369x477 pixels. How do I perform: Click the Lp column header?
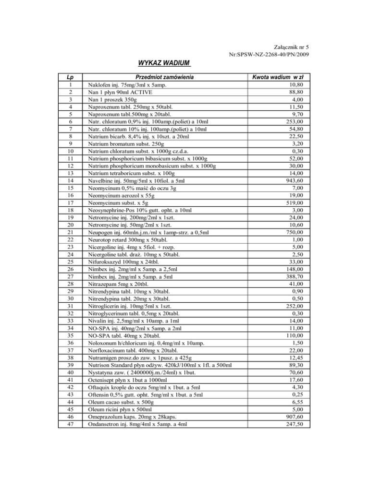pos(71,77)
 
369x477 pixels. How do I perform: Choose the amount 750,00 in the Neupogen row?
pos(293,233)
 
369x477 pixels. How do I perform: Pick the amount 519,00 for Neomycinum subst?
pos(293,202)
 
